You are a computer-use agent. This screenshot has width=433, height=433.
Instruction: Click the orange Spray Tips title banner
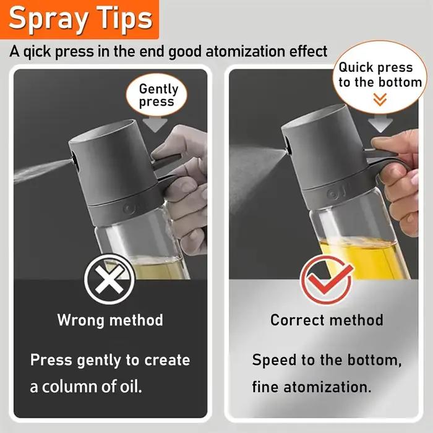click(x=80, y=19)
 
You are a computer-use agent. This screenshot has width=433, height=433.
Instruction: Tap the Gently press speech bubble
click(x=156, y=95)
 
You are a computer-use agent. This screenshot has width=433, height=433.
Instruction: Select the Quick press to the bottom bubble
click(x=380, y=77)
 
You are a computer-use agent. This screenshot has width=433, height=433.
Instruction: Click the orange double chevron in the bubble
click(x=380, y=100)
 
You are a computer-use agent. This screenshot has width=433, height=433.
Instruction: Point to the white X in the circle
click(x=109, y=279)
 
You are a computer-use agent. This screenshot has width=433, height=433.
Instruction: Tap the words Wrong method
click(x=110, y=320)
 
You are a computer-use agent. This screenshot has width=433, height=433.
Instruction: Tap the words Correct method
click(x=327, y=320)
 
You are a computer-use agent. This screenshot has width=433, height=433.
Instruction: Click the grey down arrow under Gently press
click(x=155, y=124)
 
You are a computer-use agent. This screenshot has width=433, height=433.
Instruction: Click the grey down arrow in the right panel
click(x=380, y=124)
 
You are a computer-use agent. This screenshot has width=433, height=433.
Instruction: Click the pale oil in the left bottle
click(x=157, y=268)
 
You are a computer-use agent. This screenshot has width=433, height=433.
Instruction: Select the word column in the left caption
click(x=69, y=387)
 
